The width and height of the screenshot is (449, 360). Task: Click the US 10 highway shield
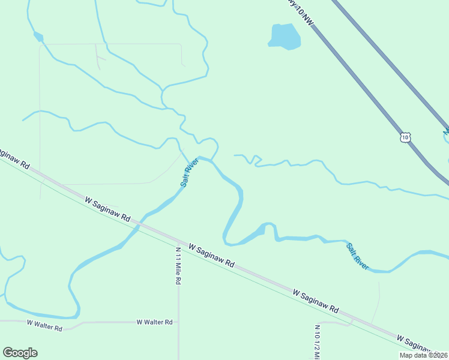[x=406, y=137]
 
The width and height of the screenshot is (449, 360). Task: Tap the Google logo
[x=20, y=353]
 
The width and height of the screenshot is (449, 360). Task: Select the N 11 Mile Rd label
[x=178, y=265]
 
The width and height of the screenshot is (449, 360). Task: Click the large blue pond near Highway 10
[x=284, y=37]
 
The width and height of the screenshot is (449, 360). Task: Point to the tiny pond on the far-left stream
[x=39, y=37]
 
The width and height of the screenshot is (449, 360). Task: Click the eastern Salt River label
[x=357, y=256]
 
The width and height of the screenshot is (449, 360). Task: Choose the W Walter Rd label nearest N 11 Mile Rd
[x=154, y=322]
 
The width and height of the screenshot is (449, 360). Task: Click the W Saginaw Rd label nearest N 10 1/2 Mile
[x=316, y=302]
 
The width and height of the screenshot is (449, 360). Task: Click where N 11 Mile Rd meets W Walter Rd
[x=178, y=322]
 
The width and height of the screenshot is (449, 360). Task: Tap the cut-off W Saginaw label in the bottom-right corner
[x=421, y=344]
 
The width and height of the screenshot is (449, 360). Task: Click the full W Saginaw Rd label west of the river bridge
[x=107, y=207]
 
